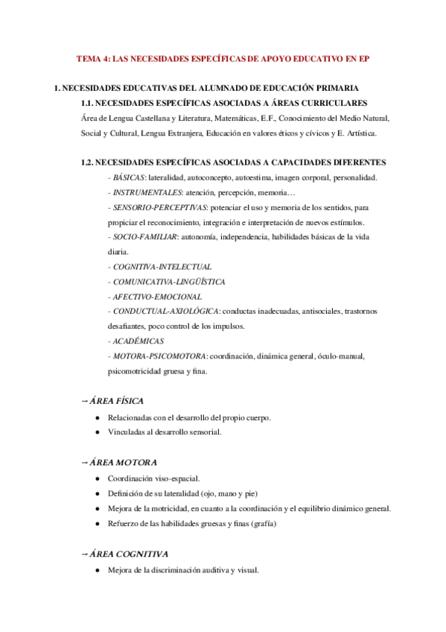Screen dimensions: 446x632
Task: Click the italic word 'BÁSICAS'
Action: point(129,177)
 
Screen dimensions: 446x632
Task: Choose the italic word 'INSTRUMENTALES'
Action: point(146,192)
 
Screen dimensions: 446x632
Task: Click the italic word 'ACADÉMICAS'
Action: point(138,341)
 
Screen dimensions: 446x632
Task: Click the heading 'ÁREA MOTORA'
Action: point(123,462)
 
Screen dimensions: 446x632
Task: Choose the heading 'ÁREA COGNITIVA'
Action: point(129,554)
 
